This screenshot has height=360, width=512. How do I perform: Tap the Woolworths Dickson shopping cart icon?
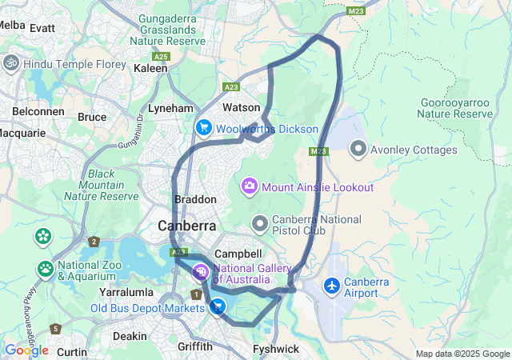[x=204, y=128]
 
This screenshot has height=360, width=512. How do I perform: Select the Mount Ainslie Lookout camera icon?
[x=250, y=187]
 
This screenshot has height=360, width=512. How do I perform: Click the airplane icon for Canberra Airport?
[x=332, y=286]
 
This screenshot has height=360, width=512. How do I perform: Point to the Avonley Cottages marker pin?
[x=358, y=150]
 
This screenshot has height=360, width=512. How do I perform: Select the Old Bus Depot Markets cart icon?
[x=217, y=306]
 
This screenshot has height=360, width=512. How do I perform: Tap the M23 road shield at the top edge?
[x=357, y=11]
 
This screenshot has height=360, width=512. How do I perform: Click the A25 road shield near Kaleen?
[x=162, y=56]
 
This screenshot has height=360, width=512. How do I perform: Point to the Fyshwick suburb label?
[x=275, y=349]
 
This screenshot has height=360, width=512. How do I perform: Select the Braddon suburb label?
[x=195, y=199]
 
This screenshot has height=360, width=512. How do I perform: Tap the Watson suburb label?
[x=242, y=106]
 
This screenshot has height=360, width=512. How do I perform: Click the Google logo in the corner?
[x=26, y=350]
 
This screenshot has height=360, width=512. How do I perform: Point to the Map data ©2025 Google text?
[x=462, y=354]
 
